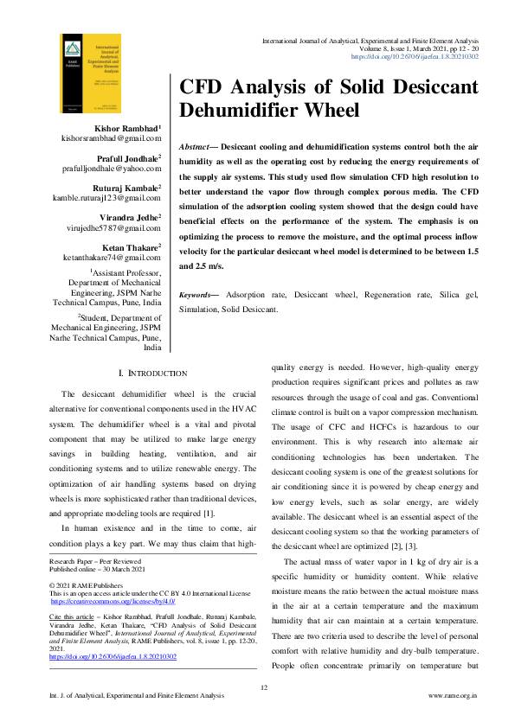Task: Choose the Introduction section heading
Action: pyautogui.click(x=151, y=373)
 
